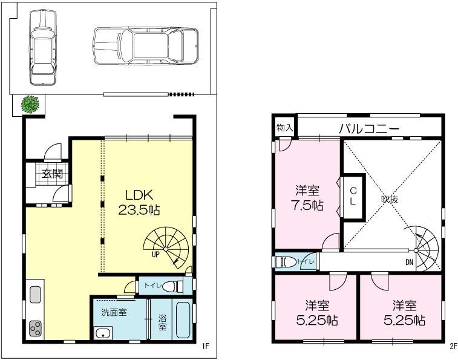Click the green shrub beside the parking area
(x=31, y=105)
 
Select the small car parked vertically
(x=42, y=47)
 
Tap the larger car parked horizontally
(x=145, y=45)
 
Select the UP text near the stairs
(x=155, y=255)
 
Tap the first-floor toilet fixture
(x=173, y=286)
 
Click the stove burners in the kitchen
(x=36, y=329)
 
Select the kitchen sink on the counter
(x=35, y=295)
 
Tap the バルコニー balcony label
(x=368, y=128)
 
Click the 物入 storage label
(x=284, y=128)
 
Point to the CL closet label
(x=353, y=196)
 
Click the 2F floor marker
(x=453, y=347)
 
